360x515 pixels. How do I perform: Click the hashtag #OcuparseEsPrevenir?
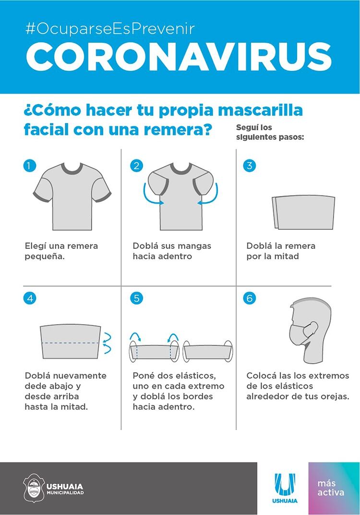[110, 29]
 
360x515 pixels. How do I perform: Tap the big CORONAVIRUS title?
[179, 56]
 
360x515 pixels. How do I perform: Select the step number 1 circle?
[30, 166]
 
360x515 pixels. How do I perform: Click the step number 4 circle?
[30, 298]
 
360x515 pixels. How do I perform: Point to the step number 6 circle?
[250, 298]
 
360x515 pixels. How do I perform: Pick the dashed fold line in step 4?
[71, 343]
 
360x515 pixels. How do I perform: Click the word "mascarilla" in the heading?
[260, 110]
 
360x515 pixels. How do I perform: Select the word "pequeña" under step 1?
[45, 257]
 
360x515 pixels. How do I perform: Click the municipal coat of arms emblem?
[34, 488]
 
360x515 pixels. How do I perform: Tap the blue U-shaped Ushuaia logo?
[285, 485]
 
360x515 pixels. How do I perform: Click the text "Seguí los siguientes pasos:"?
[270, 132]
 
